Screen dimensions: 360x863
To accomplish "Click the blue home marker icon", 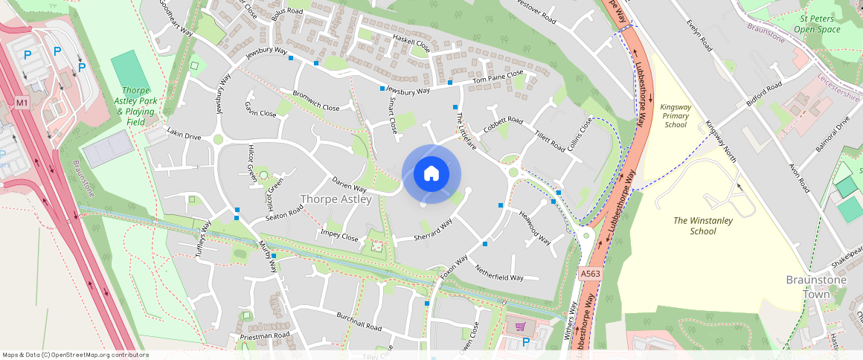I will point(431,174).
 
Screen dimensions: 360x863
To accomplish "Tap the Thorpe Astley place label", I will point(336,199).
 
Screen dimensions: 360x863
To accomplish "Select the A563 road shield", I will point(590,274).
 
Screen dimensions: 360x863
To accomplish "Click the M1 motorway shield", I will point(22,102).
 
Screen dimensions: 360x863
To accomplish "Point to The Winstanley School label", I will point(703,225).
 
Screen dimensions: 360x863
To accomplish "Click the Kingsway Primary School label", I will point(675,116).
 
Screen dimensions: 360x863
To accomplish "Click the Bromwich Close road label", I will point(316,102).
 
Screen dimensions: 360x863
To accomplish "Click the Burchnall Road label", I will point(359,322).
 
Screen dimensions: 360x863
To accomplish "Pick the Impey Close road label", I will point(339,236).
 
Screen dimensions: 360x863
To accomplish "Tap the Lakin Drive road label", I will point(185,136).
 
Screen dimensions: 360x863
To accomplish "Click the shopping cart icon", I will point(520,326).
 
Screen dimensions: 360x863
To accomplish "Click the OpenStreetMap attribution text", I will point(74,355).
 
